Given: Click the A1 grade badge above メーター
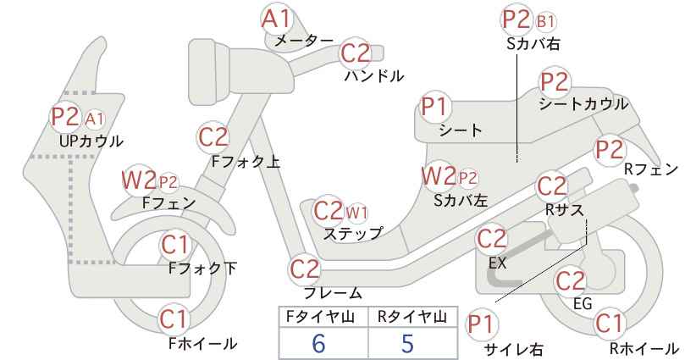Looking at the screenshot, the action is [277, 19].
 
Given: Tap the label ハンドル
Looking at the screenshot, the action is [374, 76].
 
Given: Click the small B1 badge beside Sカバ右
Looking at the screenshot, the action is [544, 21].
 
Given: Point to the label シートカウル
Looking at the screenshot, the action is [583, 104].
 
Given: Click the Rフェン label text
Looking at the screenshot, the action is [651, 169].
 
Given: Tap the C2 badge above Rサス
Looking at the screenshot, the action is [552, 186].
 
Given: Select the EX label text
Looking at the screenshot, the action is [497, 263].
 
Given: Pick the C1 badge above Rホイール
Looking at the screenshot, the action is [609, 324].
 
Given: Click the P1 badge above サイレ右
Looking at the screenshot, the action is [481, 325].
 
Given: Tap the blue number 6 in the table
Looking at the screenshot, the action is [318, 344].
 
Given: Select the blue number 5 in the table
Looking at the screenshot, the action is [407, 344].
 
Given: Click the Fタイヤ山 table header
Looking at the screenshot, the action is [320, 317].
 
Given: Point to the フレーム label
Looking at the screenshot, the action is [333, 293].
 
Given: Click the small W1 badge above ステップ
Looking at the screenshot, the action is [356, 213].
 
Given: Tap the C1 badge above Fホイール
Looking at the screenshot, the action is [174, 318].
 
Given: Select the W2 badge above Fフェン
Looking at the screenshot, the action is [139, 180].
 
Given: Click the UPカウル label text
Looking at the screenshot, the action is [91, 141].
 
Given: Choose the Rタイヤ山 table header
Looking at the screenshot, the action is [412, 317].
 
